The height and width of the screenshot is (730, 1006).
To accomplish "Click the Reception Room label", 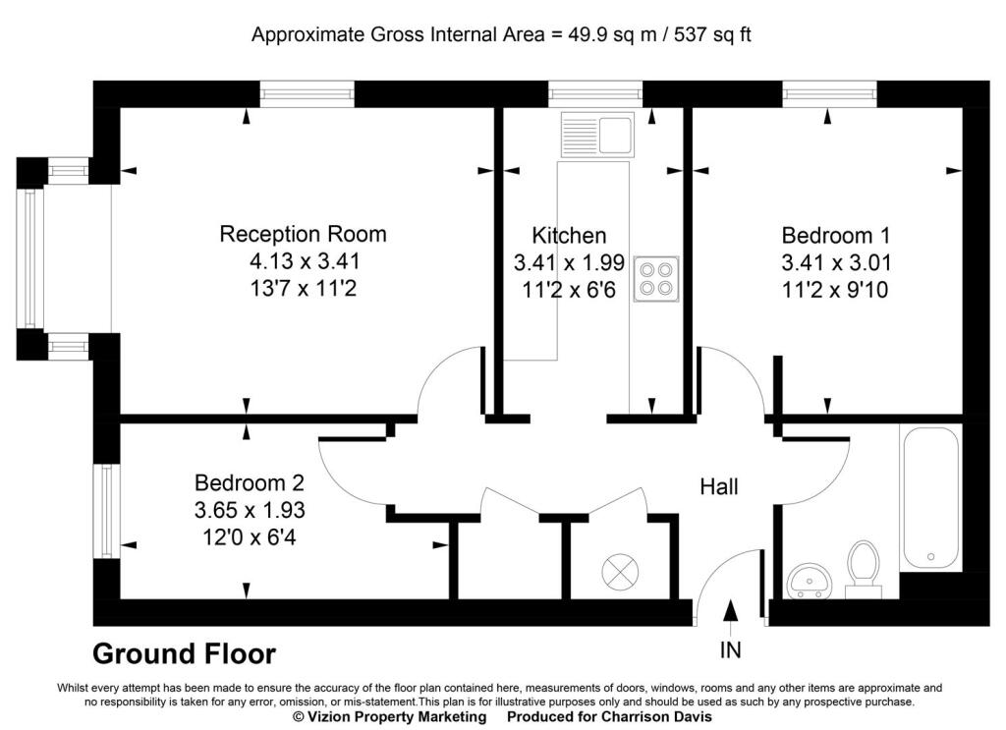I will point(303,234).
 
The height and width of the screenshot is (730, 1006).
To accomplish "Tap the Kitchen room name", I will point(569,236).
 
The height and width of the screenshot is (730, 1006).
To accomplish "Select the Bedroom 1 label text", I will point(835,236).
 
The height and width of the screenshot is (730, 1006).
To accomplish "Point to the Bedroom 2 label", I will point(250,483).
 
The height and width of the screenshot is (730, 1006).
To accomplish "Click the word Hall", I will point(718,486).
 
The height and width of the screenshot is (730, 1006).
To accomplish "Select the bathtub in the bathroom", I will point(930,498).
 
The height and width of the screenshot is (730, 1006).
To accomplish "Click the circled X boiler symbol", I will point(620,569).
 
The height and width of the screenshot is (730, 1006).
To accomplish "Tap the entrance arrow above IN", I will point(730,610).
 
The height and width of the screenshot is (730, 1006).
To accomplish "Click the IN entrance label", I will point(730,649).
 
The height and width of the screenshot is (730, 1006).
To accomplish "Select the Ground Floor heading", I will point(184,653).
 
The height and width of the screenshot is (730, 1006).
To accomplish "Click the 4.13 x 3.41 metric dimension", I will point(304,262).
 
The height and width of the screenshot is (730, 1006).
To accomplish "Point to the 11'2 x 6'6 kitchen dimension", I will point(569,291).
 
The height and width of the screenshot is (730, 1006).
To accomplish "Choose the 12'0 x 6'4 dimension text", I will point(250,538).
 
